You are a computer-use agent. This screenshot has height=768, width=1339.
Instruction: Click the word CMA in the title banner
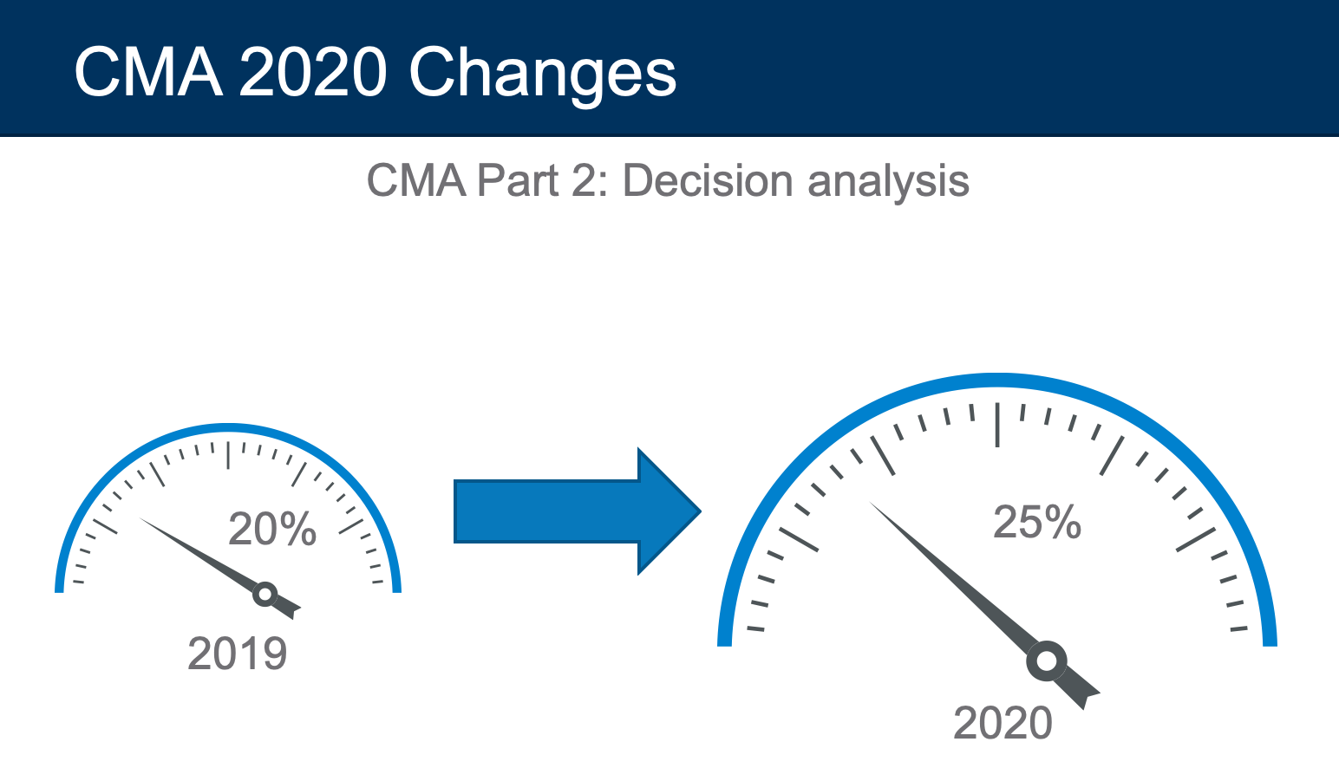pos(149,72)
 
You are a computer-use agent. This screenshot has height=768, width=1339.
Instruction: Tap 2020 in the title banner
pos(312,72)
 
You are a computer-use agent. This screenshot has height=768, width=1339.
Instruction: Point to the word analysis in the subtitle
pos(889,182)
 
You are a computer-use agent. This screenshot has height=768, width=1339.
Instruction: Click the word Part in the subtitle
pos(518,180)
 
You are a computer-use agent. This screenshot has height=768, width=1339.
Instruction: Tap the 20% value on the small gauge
pos(272,529)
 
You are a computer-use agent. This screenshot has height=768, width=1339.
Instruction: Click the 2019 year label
pos(238,654)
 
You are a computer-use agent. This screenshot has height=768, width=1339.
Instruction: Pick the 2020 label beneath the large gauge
pos(1003,723)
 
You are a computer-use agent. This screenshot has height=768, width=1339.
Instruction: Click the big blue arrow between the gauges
pos(577,511)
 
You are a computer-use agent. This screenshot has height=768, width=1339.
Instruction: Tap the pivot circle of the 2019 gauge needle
pos(265,594)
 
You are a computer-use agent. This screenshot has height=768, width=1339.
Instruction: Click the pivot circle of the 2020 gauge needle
pos(1047,661)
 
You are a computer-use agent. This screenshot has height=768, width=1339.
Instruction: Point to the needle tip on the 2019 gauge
pos(140,517)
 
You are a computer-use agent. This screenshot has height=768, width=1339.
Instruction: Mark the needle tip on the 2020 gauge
pos(869,501)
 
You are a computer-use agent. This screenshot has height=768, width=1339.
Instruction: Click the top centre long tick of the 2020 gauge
pos(997,425)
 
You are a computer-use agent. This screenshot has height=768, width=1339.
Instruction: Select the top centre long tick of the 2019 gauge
pos(228,455)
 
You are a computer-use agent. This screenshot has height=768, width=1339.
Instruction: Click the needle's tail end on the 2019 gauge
pos(297,613)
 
